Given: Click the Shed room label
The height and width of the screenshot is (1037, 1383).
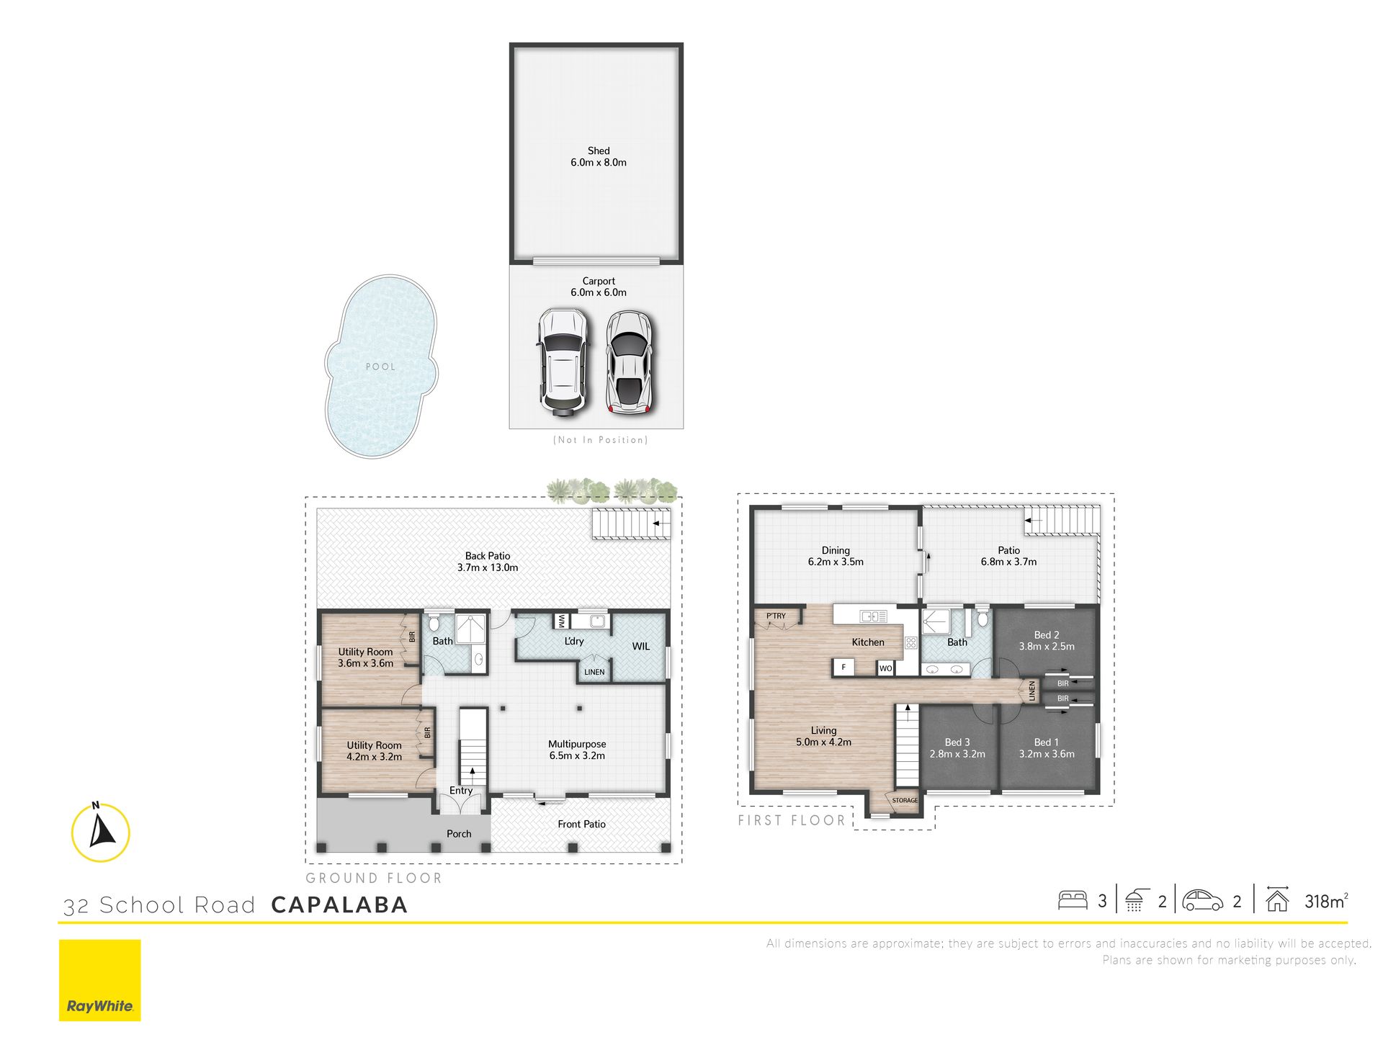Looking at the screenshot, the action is pos(598,156).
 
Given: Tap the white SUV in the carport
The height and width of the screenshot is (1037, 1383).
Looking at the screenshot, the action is pos(562,362).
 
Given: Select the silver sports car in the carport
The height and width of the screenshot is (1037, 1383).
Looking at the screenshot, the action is pos(630,362).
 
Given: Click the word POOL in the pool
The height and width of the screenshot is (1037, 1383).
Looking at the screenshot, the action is pos(380,367).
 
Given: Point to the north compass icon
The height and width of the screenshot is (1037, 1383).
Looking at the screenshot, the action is pos(101,832).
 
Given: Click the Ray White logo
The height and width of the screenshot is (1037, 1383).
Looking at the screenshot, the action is pos(99,980).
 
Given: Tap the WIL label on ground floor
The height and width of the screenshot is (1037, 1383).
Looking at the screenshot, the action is pos(641,646).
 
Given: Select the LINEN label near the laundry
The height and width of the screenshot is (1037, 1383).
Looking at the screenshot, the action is pos(594,672).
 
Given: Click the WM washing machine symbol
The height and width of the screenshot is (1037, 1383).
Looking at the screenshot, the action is pos(562,621).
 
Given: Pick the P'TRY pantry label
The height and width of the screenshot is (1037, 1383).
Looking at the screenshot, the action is pos(776,616).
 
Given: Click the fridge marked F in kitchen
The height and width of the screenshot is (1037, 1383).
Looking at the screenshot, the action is pos(843,668).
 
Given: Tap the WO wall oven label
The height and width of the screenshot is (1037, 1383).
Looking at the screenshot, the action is pos(886,668).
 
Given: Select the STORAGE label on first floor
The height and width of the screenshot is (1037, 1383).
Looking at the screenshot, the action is pos(905,800).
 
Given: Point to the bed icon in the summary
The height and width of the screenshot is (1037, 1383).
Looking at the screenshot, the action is pos(1073,900).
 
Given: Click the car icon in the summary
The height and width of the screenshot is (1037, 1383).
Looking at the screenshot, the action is pos(1202,900).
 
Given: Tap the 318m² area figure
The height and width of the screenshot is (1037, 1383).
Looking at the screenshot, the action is pos(1326,901).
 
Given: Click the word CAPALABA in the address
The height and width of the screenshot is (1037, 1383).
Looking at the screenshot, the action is pos(339,904).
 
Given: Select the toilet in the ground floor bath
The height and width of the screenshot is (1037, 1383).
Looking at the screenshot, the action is pos(434,621).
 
